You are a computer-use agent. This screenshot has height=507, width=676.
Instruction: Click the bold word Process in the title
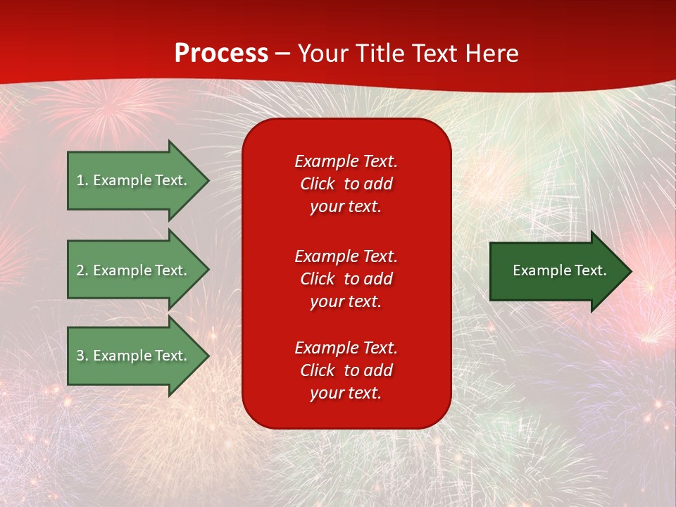click(221, 54)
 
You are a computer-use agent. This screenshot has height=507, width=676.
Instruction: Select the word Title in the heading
click(381, 54)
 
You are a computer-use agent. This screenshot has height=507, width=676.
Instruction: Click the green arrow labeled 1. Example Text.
click(134, 180)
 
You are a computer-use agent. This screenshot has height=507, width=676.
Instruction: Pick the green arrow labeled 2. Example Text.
click(134, 270)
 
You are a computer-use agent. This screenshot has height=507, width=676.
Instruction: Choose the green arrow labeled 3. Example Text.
click(134, 356)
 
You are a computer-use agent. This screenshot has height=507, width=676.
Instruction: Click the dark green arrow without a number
click(556, 271)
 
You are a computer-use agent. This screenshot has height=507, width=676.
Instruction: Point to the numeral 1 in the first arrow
click(80, 180)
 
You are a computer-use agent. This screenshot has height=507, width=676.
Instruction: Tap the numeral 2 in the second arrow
click(80, 270)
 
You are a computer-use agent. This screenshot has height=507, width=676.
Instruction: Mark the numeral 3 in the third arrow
click(80, 356)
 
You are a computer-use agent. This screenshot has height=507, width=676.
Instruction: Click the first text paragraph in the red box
click(346, 184)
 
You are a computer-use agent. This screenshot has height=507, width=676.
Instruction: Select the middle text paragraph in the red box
click(346, 279)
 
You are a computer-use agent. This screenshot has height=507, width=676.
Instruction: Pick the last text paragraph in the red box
click(346, 370)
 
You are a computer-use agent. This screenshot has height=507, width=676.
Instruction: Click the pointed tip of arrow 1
click(208, 180)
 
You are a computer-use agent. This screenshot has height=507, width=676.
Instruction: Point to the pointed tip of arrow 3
click(208, 356)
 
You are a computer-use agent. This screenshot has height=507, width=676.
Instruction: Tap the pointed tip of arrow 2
click(208, 270)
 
